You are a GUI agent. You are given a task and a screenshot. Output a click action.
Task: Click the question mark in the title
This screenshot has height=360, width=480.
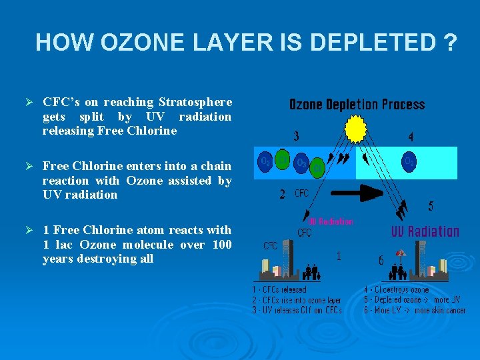[x=449, y=43]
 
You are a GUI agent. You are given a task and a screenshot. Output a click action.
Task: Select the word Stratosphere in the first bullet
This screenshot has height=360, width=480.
[x=195, y=102]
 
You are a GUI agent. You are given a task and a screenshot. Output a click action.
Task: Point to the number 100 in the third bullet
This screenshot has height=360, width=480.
[x=222, y=245]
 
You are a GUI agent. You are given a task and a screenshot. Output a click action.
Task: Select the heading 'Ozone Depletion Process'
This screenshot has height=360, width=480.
[x=357, y=105]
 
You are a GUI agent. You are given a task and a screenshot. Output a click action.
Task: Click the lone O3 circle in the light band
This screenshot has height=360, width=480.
[x=408, y=162]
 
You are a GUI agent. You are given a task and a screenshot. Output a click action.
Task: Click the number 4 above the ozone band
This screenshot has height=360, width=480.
[x=411, y=137]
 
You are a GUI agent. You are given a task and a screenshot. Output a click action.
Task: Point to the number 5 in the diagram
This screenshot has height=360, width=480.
[x=430, y=207]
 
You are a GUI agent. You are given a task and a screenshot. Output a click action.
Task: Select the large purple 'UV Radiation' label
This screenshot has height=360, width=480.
[x=425, y=231]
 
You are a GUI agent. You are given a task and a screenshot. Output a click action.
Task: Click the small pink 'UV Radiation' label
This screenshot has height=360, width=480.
[x=331, y=221]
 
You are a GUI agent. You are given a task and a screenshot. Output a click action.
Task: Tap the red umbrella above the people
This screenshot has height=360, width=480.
[x=400, y=253]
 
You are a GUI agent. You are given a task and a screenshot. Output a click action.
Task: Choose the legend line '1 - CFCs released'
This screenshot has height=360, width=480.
[x=279, y=290]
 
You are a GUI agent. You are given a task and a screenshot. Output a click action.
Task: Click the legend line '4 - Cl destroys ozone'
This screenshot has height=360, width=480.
[x=397, y=290]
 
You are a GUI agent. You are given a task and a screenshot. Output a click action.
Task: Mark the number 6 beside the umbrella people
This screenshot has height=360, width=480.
[x=381, y=261]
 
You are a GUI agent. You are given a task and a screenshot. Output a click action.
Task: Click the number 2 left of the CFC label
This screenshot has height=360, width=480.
[x=283, y=195]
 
